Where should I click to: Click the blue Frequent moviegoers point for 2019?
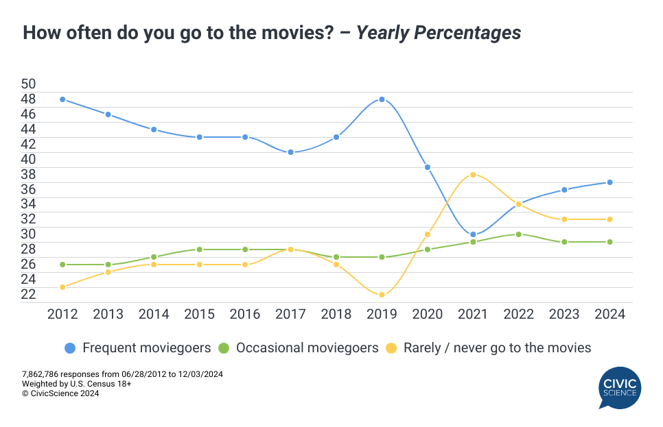(382, 99)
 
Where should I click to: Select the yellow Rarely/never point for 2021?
(473, 175)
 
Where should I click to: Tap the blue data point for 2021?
(473, 234)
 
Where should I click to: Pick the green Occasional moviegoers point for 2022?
(518, 234)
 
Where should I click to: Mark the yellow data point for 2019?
(382, 295)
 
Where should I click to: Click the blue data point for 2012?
(62, 99)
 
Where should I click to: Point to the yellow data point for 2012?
(62, 287)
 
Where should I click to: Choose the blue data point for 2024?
(609, 182)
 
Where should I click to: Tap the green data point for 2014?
(154, 257)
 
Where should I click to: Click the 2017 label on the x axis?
(290, 314)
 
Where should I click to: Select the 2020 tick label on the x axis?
(427, 314)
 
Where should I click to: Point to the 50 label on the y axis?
(29, 84)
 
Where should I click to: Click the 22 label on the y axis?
(29, 294)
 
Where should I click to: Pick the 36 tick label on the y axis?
(29, 188)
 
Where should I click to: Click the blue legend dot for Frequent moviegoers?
(69, 348)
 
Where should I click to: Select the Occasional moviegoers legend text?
(307, 348)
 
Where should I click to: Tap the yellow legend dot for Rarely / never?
(391, 348)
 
